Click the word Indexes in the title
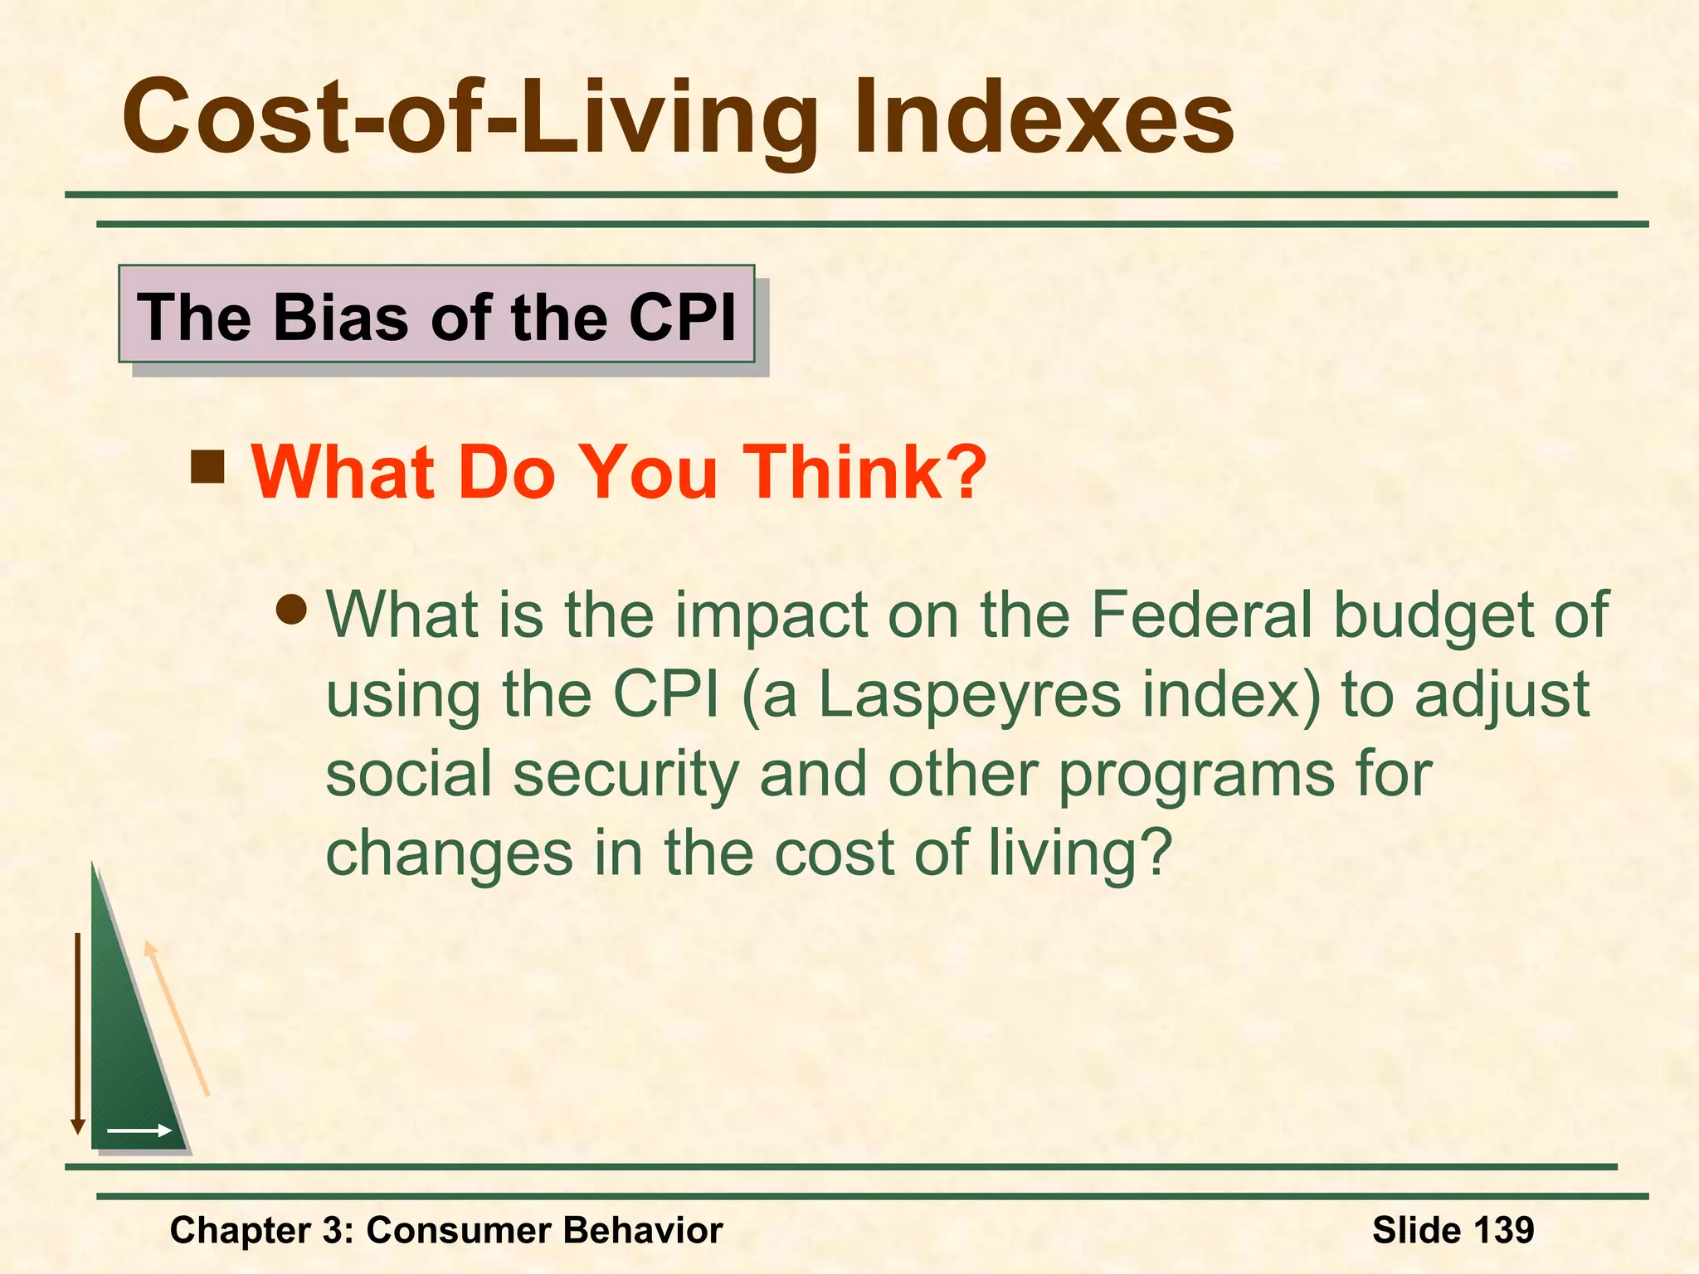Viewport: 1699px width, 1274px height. [x=1044, y=118]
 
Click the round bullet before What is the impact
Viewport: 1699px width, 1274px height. [x=292, y=611]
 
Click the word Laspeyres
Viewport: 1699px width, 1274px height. [x=970, y=695]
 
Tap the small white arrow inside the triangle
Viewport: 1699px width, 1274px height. [x=139, y=1131]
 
